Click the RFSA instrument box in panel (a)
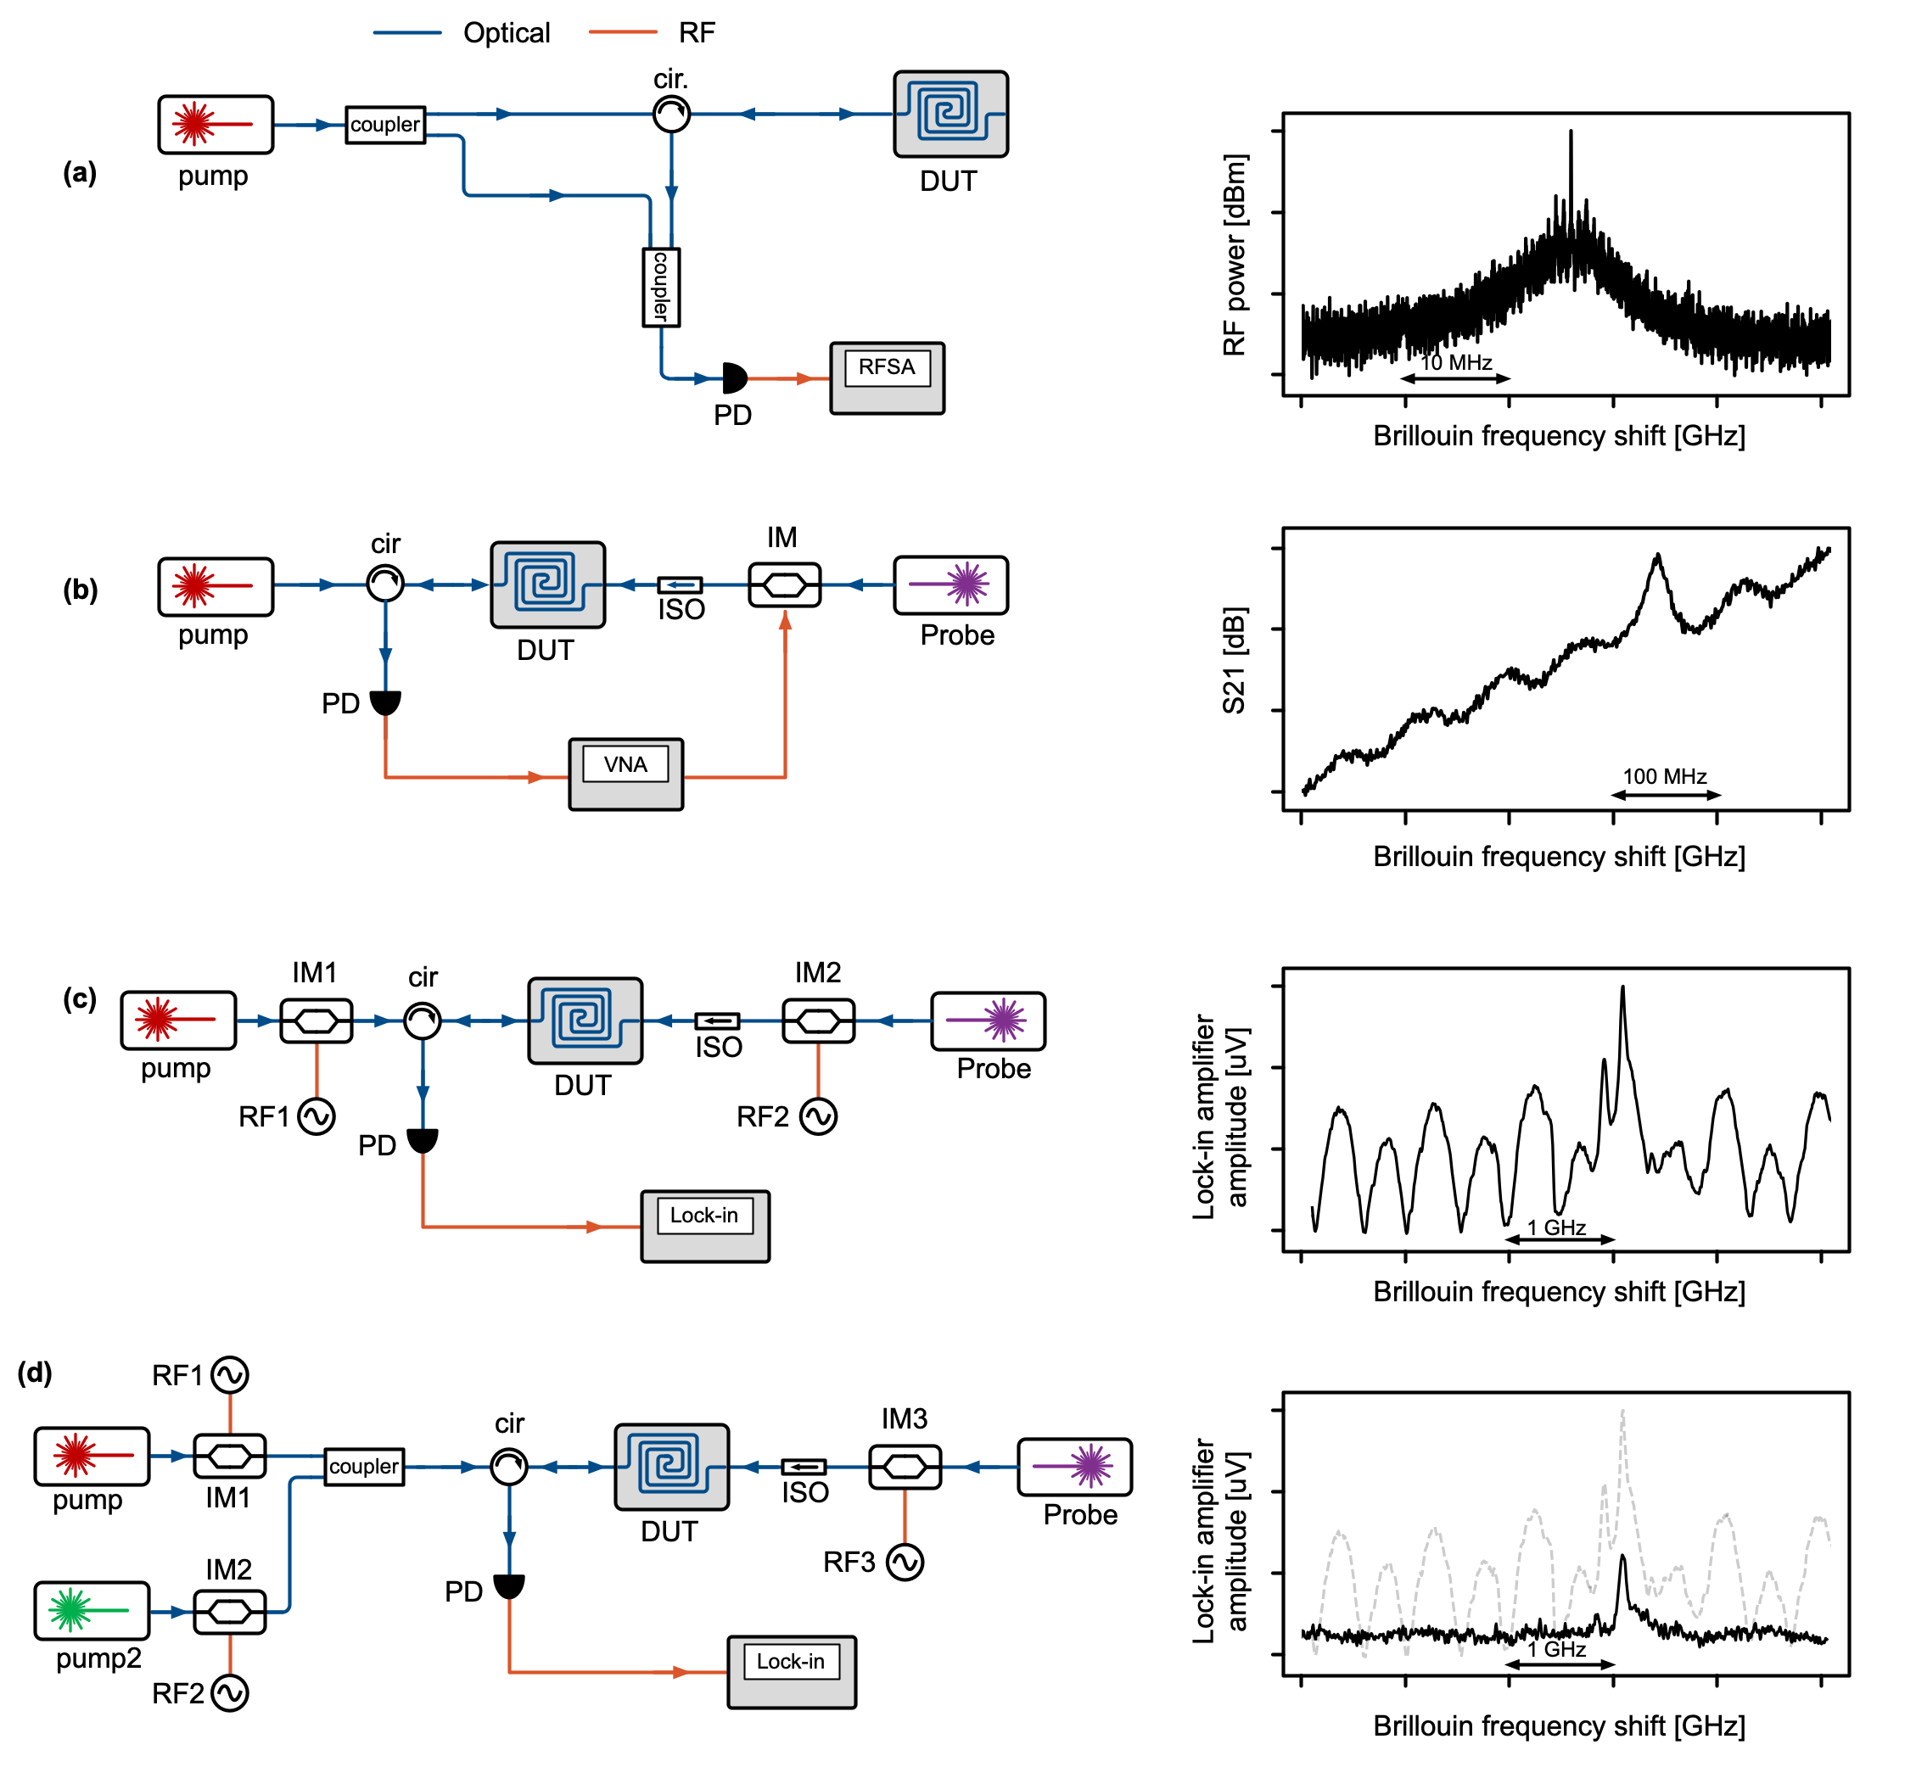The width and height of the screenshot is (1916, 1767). (x=887, y=377)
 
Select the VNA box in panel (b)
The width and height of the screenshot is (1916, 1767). (x=625, y=774)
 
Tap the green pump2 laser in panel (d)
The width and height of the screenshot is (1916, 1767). (x=92, y=1611)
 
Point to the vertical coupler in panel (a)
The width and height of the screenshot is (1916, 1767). (x=661, y=287)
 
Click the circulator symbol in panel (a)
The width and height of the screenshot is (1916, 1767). (x=671, y=114)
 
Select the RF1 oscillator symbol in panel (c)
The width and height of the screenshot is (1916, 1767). (x=316, y=1116)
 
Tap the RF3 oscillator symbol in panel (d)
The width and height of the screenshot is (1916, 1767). (x=905, y=1563)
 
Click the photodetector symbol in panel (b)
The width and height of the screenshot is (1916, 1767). (x=385, y=702)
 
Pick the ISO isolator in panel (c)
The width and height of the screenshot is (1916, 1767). (x=717, y=1021)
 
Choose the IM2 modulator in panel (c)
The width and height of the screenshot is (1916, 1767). (x=819, y=1021)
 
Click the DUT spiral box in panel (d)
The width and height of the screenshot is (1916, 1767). (x=671, y=1467)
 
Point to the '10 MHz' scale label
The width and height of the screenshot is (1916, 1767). (x=1456, y=362)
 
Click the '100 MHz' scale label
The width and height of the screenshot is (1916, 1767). (x=1665, y=776)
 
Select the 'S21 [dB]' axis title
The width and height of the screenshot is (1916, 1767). (x=1234, y=660)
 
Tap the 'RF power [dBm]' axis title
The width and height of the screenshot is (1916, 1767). (x=1235, y=254)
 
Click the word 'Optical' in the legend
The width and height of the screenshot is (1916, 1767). (x=506, y=33)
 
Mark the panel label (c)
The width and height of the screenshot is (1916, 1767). (x=80, y=998)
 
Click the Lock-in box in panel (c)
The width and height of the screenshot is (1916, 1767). (x=705, y=1226)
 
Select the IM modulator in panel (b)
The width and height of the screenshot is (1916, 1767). (x=784, y=584)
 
